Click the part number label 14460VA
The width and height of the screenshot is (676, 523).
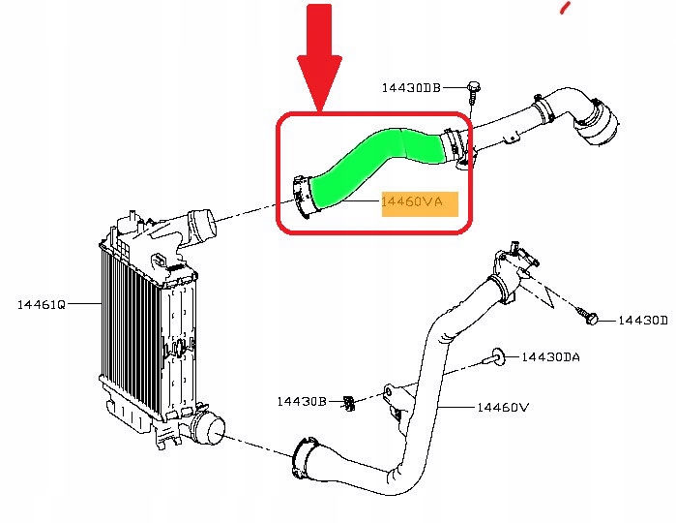[412, 202]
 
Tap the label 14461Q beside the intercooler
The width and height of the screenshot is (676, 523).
[42, 304]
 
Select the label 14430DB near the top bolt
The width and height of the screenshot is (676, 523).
[410, 87]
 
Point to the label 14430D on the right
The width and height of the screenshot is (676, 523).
[642, 320]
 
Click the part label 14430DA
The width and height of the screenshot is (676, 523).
[550, 357]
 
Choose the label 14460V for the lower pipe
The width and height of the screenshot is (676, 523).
[503, 408]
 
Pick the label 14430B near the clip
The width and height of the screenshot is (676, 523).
[304, 401]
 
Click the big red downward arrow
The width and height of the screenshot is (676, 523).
[320, 58]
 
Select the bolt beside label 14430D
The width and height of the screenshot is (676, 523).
[592, 318]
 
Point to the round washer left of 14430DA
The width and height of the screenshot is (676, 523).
[498, 357]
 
